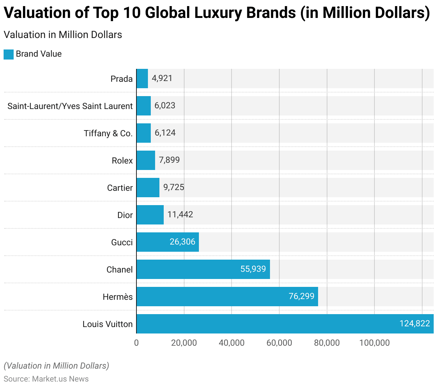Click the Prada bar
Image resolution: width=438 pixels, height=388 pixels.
tap(142, 79)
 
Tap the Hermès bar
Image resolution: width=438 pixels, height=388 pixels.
tap(227, 297)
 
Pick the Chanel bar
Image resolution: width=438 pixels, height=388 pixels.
tap(203, 269)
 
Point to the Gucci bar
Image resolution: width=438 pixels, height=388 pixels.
tap(168, 242)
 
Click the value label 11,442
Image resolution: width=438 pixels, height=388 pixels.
tap(180, 214)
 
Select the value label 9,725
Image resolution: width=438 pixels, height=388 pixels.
tap(174, 187)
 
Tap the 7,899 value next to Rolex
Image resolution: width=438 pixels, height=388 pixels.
tap(169, 160)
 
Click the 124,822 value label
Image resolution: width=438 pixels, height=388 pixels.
tap(415, 323)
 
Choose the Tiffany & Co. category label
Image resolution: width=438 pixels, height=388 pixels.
tap(108, 133)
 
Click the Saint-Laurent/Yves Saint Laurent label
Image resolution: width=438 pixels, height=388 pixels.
tap(70, 106)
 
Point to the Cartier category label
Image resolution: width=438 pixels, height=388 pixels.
tap(120, 188)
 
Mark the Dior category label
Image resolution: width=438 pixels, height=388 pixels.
tap(125, 215)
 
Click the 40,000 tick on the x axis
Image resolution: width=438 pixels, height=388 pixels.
tap(232, 343)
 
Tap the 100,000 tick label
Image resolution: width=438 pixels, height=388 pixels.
tap(374, 343)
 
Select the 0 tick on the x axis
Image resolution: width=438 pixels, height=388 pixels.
tap(136, 343)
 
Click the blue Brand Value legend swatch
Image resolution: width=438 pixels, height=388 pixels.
tap(9, 54)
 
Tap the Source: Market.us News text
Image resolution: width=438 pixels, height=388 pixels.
tap(46, 379)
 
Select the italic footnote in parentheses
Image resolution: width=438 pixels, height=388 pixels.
tap(56, 366)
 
